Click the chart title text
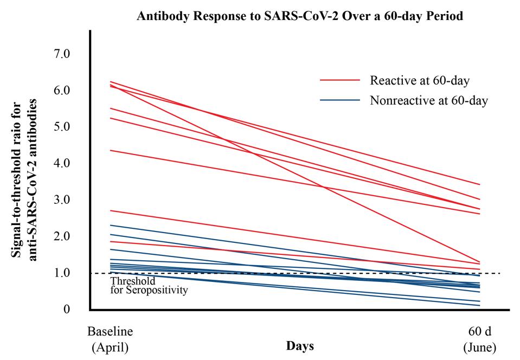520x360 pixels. click(x=300, y=16)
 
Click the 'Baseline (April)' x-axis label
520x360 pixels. click(x=110, y=339)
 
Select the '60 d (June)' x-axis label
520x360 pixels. click(x=480, y=339)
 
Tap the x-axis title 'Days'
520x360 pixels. click(x=300, y=346)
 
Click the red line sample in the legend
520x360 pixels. click(x=340, y=80)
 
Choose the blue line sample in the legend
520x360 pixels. click(x=340, y=100)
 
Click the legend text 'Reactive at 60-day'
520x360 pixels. click(x=419, y=80)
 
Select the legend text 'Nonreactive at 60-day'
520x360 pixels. click(x=429, y=100)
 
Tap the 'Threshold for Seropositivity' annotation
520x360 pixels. click(x=149, y=286)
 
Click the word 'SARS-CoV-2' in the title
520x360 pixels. click(x=281, y=16)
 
